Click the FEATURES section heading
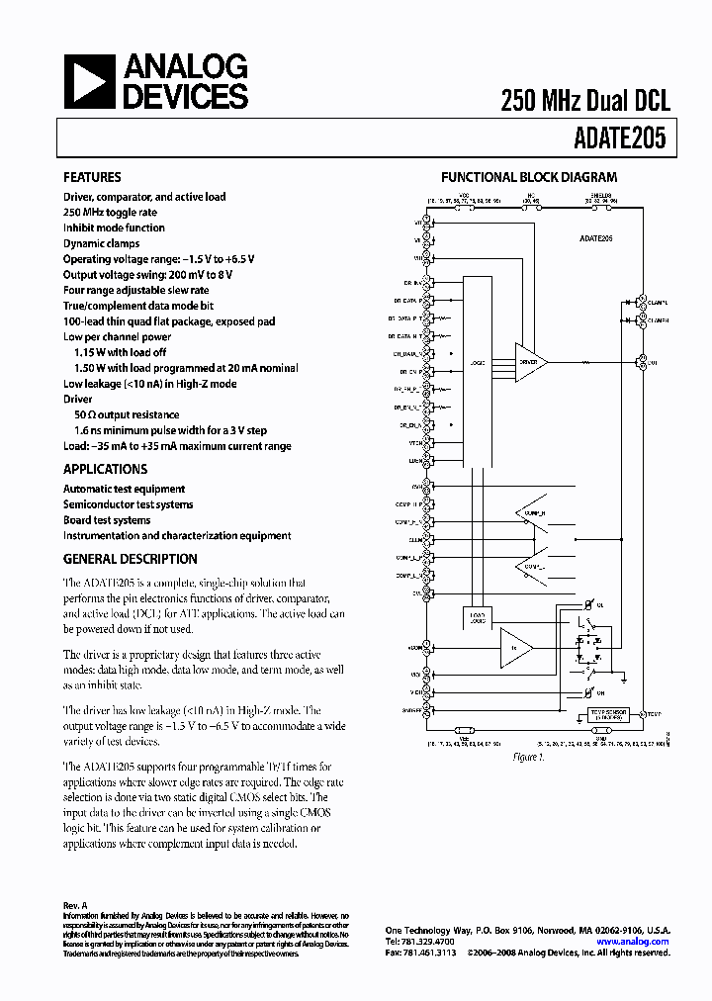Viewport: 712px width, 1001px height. (x=92, y=178)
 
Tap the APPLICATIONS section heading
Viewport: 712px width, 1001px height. (x=105, y=469)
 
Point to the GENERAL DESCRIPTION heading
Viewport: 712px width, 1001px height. (x=126, y=558)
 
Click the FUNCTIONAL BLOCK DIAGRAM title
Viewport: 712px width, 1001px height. (x=529, y=178)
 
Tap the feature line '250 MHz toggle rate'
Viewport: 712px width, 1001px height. (x=110, y=212)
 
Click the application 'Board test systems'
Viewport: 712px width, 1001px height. (x=107, y=520)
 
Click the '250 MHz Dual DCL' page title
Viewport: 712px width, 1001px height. (x=585, y=100)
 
